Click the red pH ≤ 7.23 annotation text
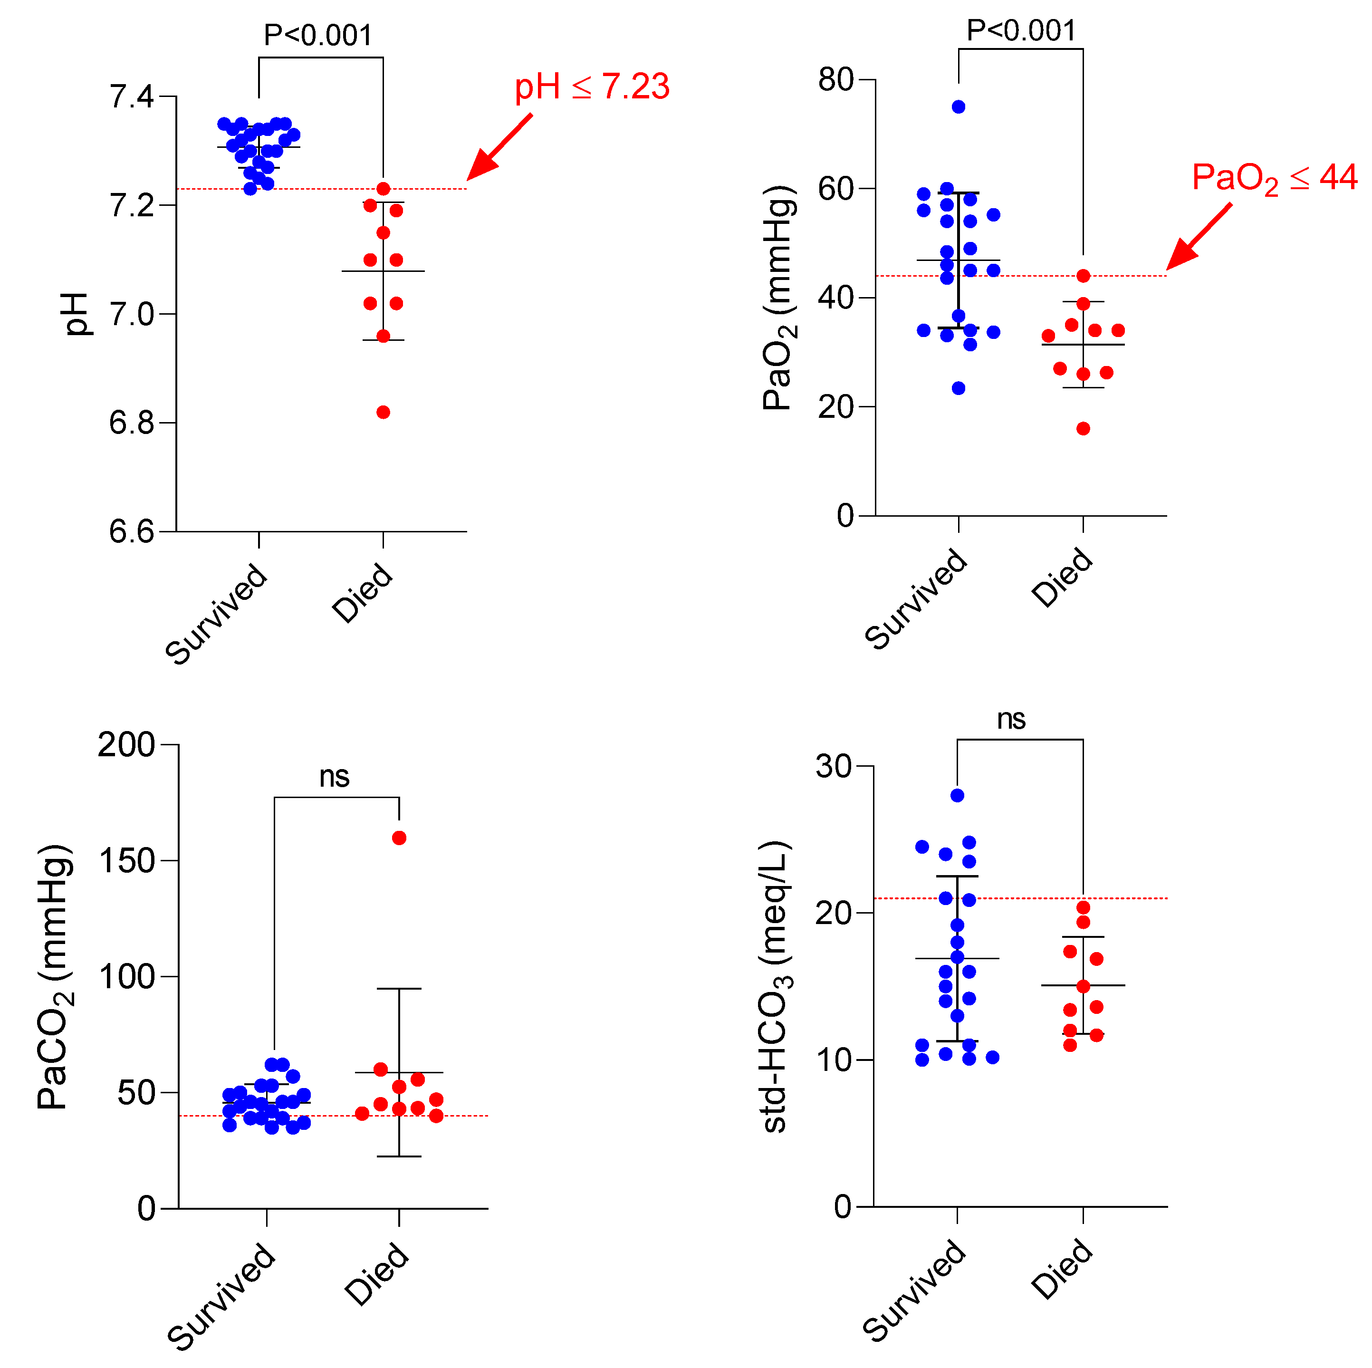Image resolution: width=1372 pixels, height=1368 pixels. point(592,87)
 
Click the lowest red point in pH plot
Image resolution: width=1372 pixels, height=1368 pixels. point(384,413)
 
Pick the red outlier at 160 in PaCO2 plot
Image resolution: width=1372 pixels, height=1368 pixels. point(399,838)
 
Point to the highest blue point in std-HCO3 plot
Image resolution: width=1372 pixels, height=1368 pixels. point(957,796)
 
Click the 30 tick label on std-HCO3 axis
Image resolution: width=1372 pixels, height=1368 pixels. point(834,766)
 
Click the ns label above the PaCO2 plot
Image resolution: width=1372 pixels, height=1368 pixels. point(335,776)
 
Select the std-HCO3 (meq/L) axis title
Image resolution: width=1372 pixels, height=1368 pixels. point(776,987)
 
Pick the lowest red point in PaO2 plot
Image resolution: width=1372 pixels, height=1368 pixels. point(1083,428)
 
